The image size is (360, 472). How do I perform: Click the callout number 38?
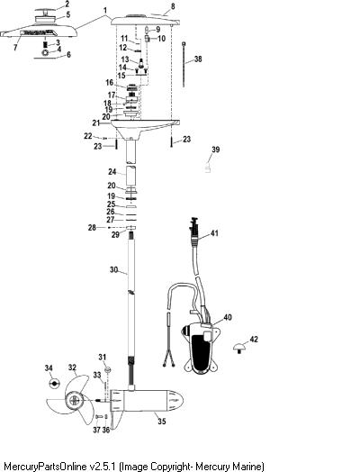click(198, 59)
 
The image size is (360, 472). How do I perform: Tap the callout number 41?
click(214, 233)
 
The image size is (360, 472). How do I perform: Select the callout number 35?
click(162, 422)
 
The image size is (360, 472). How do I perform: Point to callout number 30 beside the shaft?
click(113, 269)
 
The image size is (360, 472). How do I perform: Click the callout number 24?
click(112, 171)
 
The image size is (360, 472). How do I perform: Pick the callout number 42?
click(254, 340)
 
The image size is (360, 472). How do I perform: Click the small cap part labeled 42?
click(239, 348)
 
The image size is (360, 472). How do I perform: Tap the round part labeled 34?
click(54, 383)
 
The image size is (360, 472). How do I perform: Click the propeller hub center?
click(75, 400)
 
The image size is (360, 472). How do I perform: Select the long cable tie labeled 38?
click(184, 65)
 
